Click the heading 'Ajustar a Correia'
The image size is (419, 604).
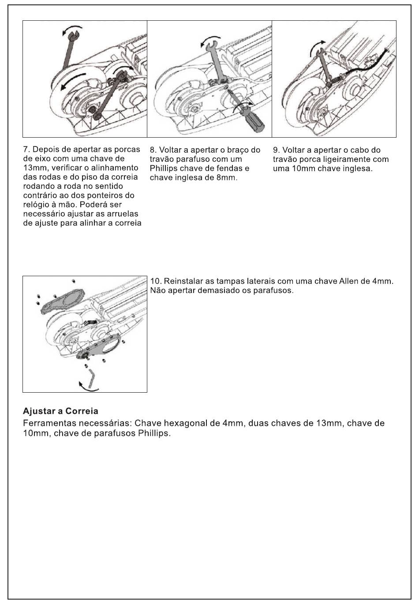(60, 412)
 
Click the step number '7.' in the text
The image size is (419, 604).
(26, 150)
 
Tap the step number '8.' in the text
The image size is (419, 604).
(153, 150)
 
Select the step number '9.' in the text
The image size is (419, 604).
(276, 150)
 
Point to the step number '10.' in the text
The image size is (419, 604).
(156, 281)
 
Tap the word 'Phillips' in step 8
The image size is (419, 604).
(163, 169)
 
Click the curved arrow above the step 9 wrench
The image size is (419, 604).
(317, 45)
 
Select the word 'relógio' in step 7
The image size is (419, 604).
(37, 205)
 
